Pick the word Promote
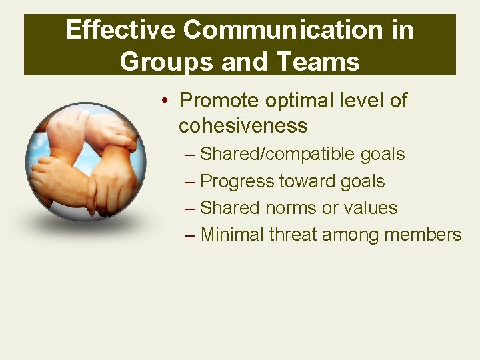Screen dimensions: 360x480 coord(219,101)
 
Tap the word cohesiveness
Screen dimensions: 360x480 coord(243,125)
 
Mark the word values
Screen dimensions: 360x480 coord(370,208)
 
